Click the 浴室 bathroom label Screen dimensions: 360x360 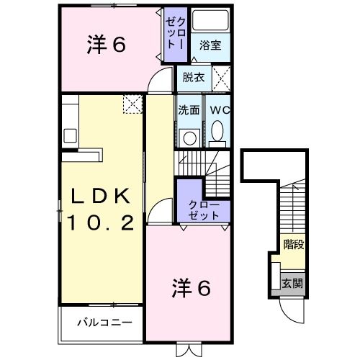[211, 45]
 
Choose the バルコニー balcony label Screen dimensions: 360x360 [105, 321]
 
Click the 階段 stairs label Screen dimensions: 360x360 [293, 243]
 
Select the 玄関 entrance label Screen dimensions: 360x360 [293, 282]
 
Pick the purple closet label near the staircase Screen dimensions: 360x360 [203, 210]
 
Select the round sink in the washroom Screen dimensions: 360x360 [190, 138]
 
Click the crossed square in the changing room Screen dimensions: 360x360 [222, 77]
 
